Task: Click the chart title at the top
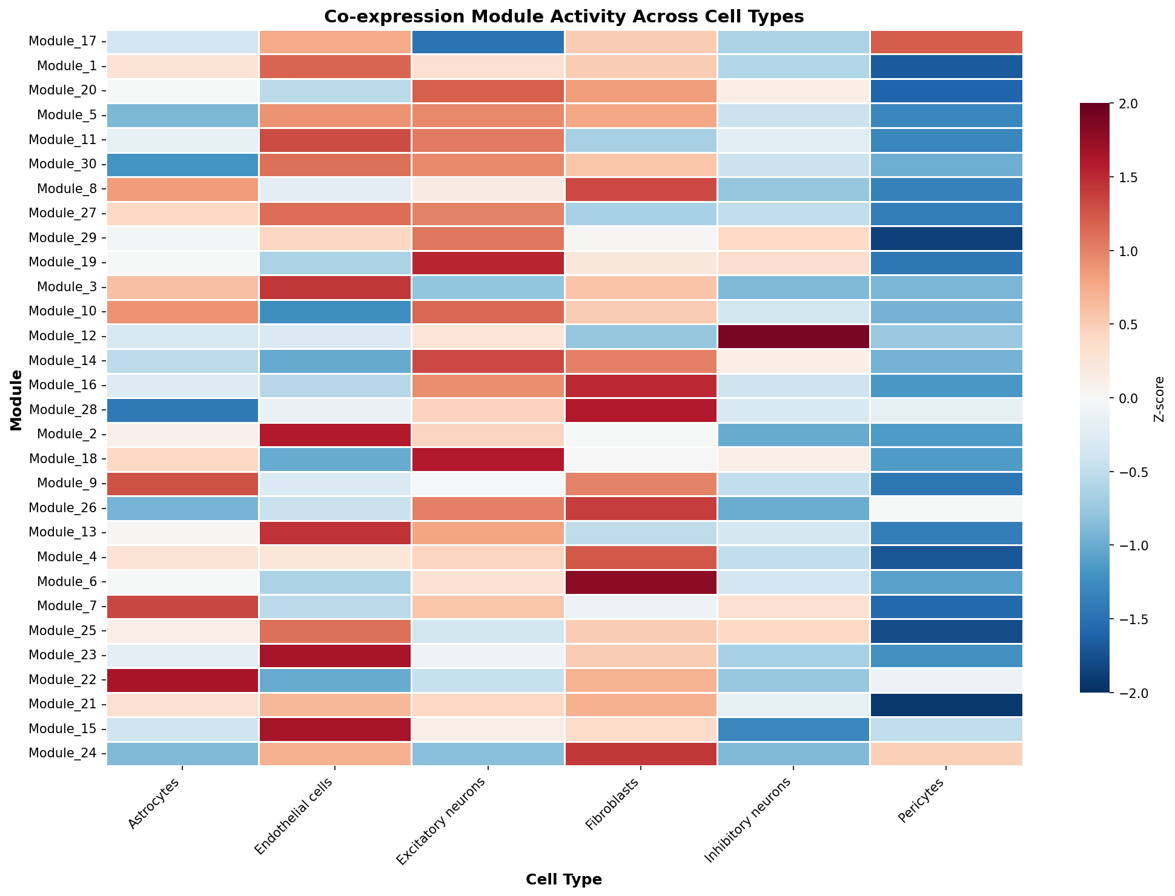point(564,16)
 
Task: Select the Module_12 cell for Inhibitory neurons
point(793,337)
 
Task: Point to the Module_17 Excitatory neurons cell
point(488,42)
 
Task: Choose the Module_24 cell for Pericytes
point(946,754)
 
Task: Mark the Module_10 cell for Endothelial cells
point(336,312)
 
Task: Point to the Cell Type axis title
point(564,880)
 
